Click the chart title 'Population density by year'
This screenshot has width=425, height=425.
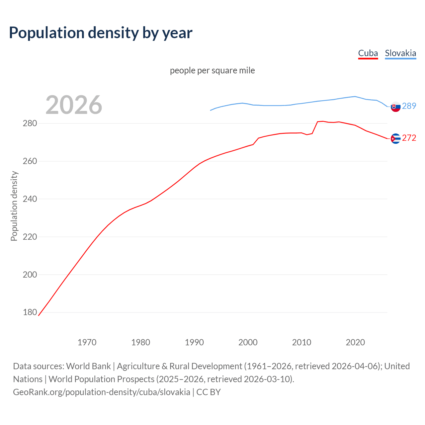(x=101, y=33)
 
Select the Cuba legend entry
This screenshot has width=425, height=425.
(x=368, y=53)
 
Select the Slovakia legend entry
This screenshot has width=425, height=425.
(x=400, y=53)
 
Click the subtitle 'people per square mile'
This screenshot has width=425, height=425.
(x=212, y=70)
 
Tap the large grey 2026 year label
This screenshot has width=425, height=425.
(x=74, y=105)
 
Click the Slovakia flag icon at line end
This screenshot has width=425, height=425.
(x=395, y=107)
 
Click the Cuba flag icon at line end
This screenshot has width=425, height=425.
(x=395, y=138)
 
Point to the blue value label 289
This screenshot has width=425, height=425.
(x=409, y=106)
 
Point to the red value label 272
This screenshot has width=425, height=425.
(x=409, y=138)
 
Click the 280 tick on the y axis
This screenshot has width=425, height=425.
(x=30, y=124)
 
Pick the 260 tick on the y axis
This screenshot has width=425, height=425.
(x=30, y=161)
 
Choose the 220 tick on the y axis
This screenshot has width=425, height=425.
(x=30, y=237)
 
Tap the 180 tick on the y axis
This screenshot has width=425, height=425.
(x=30, y=312)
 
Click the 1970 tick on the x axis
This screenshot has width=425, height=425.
(x=87, y=342)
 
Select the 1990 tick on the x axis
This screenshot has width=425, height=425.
(x=194, y=342)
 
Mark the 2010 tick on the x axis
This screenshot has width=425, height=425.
(x=301, y=342)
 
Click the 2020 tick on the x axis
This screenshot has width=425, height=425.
(x=355, y=342)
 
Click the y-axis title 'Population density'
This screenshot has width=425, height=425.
(x=14, y=206)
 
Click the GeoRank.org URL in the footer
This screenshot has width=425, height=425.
(x=102, y=392)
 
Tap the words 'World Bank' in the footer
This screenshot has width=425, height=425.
(x=88, y=366)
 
